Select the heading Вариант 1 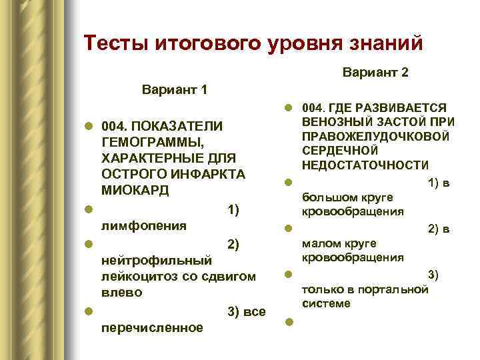(175, 89)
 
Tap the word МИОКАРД (135, 190)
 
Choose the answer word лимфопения (143, 225)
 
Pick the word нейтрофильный (156, 259)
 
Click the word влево (121, 292)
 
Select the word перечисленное (152, 327)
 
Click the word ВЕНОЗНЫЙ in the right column (333, 121)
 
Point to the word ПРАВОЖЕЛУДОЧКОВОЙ (375, 136)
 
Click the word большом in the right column (327, 197)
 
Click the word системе (326, 303)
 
